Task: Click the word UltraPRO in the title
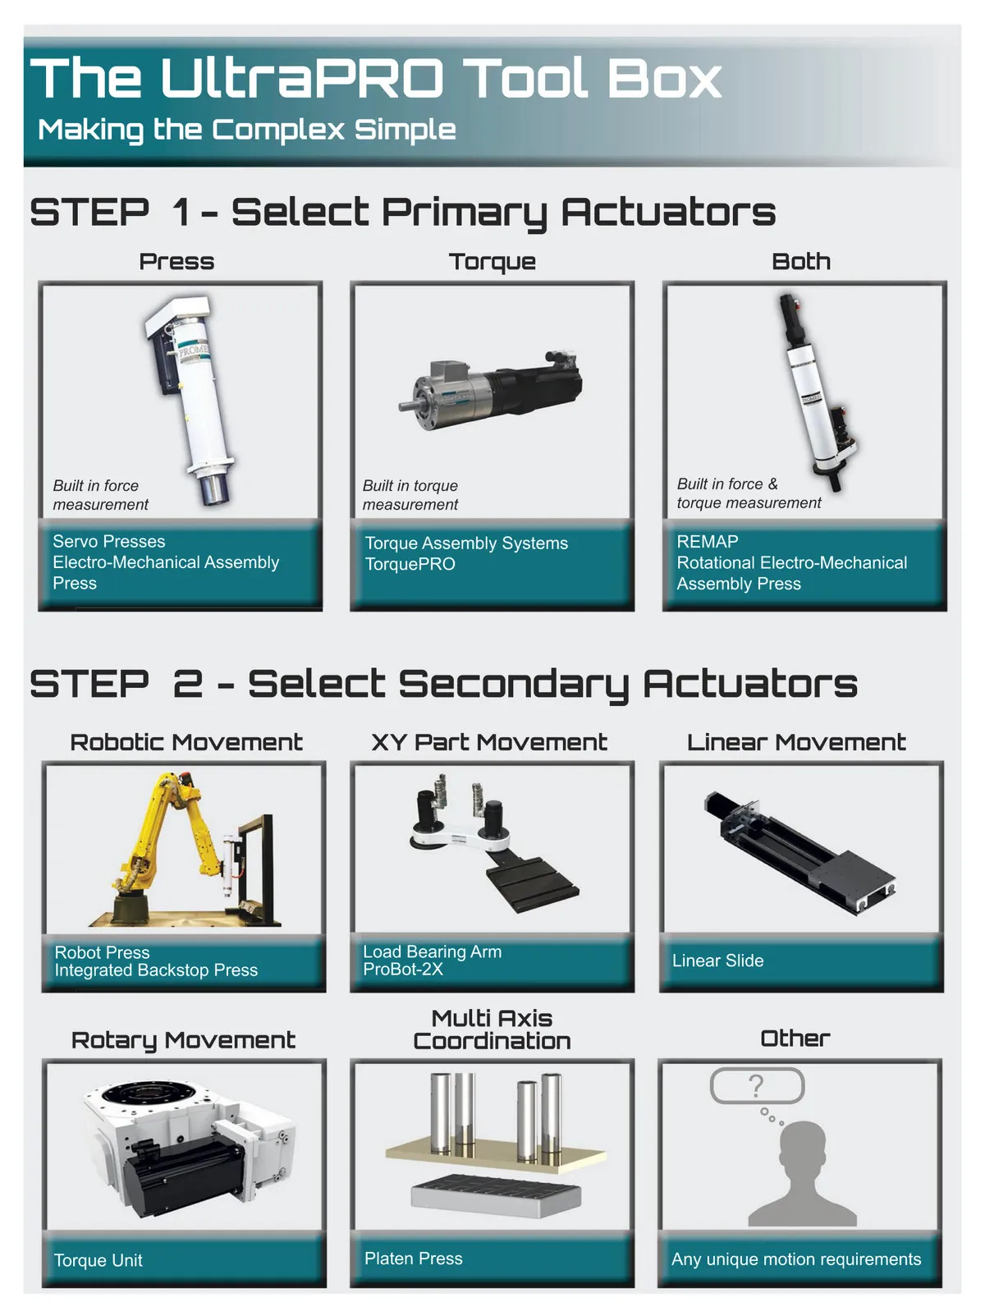(x=303, y=77)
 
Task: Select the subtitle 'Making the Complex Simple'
(x=247, y=130)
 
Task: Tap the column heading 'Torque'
(x=492, y=262)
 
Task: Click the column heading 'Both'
(x=801, y=261)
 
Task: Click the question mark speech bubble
(x=757, y=1086)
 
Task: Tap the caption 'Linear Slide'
(x=717, y=961)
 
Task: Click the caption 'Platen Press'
(x=414, y=1259)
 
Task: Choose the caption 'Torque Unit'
(x=98, y=1260)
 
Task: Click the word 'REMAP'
(x=708, y=541)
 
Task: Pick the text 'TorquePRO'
(x=410, y=564)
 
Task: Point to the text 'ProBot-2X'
(x=403, y=970)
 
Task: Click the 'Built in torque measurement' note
(x=410, y=495)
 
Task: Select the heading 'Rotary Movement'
(x=183, y=1040)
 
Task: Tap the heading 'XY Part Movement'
(x=489, y=742)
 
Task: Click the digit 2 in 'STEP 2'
(x=188, y=684)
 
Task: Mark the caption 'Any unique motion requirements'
(x=796, y=1259)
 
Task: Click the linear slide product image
(x=800, y=851)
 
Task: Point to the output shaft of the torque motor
(x=407, y=406)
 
